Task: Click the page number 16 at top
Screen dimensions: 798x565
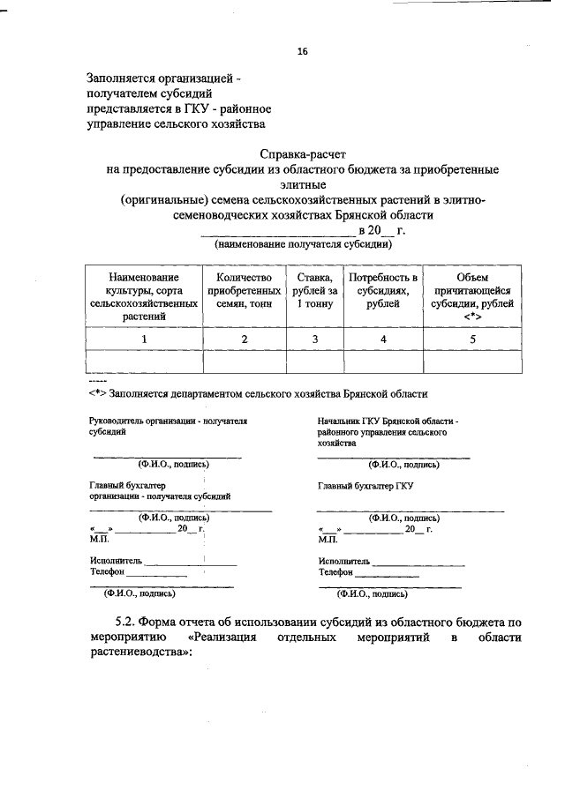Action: pos(302,52)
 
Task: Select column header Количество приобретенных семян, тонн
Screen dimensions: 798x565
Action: pos(245,290)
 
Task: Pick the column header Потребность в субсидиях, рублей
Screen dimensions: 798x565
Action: pos(382,290)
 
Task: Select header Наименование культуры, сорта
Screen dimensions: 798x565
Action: pos(143,296)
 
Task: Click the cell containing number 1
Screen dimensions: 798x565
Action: pos(143,339)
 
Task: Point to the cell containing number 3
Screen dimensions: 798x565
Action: pos(314,339)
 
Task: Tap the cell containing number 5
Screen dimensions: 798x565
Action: pos(472,339)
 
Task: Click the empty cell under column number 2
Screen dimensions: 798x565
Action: pos(245,362)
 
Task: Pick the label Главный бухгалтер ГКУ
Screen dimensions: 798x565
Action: pos(365,486)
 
